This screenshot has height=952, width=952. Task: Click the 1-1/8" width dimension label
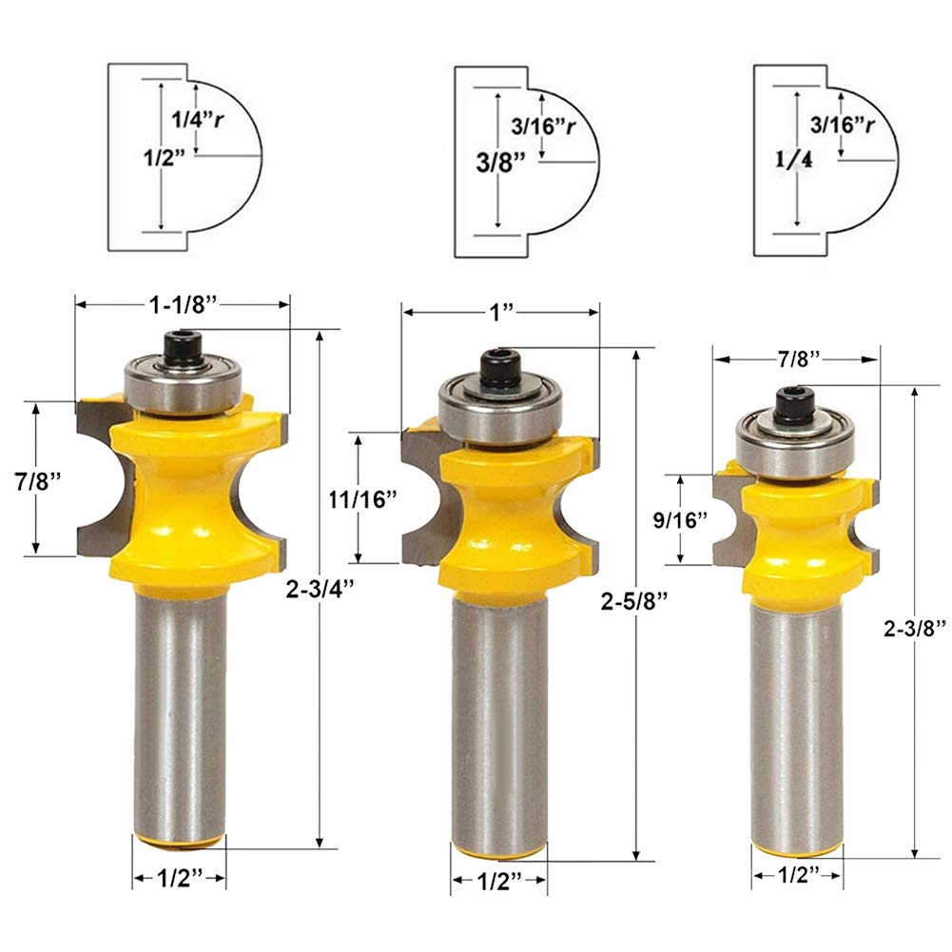(183, 304)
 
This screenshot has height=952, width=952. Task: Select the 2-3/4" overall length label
(320, 589)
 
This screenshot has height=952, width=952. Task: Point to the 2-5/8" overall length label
(633, 601)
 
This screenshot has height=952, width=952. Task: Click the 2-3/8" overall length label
(914, 629)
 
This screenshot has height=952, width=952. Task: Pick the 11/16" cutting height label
(362, 499)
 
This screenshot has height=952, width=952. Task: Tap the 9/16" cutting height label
(681, 519)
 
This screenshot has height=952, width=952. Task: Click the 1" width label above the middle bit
(501, 312)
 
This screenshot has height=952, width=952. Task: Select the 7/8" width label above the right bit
(798, 359)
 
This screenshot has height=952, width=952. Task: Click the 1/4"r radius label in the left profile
(197, 119)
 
